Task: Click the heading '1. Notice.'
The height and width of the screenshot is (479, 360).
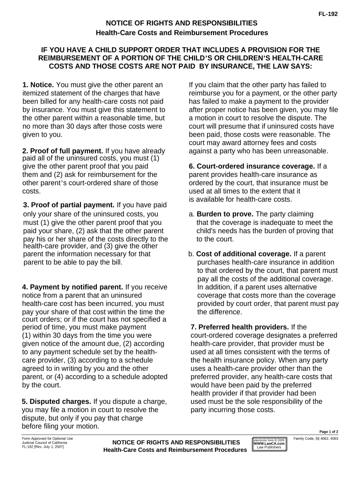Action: pyautogui.click(x=38, y=85)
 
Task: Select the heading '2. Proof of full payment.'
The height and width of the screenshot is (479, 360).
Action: pyautogui.click(x=63, y=151)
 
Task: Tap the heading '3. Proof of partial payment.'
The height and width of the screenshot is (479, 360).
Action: pyautogui.click(x=69, y=205)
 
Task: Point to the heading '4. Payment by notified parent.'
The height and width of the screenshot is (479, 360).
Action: pyautogui.click(x=72, y=287)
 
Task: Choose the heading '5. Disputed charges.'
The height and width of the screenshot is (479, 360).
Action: pyautogui.click(x=57, y=401)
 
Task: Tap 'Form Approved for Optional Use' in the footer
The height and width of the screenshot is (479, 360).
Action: pyautogui.click(x=48, y=438)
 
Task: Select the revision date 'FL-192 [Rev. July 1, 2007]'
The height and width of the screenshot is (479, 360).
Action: pyautogui.click(x=43, y=447)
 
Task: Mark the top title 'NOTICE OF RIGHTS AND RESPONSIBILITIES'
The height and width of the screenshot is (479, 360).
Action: pyautogui.click(x=181, y=22)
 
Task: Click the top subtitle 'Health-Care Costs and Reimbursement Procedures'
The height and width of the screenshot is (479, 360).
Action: pyautogui.click(x=181, y=33)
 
